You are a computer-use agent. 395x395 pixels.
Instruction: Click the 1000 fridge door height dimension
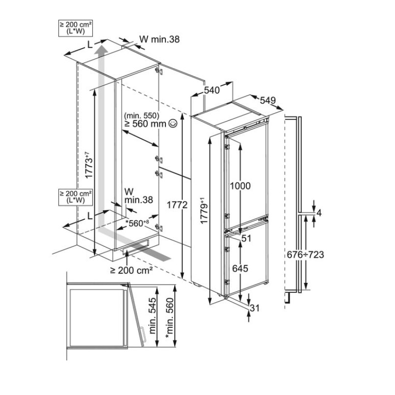[240, 186]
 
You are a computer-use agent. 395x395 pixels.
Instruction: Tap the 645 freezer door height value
[240, 269]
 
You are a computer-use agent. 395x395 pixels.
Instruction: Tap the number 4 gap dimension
[319, 213]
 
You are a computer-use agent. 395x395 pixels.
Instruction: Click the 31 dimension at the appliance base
[255, 309]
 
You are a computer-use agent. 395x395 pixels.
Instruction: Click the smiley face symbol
[172, 124]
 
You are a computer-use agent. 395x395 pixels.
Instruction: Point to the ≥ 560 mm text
[145, 124]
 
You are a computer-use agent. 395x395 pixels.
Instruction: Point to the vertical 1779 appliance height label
[204, 211]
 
